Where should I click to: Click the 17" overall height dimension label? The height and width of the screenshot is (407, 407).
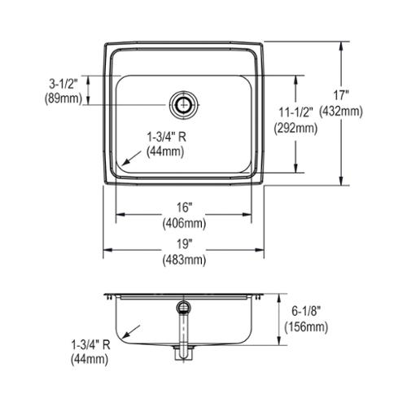point(341,95)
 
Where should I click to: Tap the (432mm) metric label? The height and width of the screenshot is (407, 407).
point(341,112)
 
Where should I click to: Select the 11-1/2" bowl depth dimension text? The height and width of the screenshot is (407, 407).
point(296,112)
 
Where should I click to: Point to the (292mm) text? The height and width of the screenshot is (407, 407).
point(295,128)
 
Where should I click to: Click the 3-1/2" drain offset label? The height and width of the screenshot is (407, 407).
point(63,85)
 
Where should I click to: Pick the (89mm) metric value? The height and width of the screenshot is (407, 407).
point(63,98)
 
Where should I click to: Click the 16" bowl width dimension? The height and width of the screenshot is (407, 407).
point(184,208)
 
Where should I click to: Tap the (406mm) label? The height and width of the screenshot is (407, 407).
point(184,224)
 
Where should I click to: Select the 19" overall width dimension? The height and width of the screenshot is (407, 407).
point(184,244)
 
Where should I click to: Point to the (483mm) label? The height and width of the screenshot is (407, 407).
point(184,260)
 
